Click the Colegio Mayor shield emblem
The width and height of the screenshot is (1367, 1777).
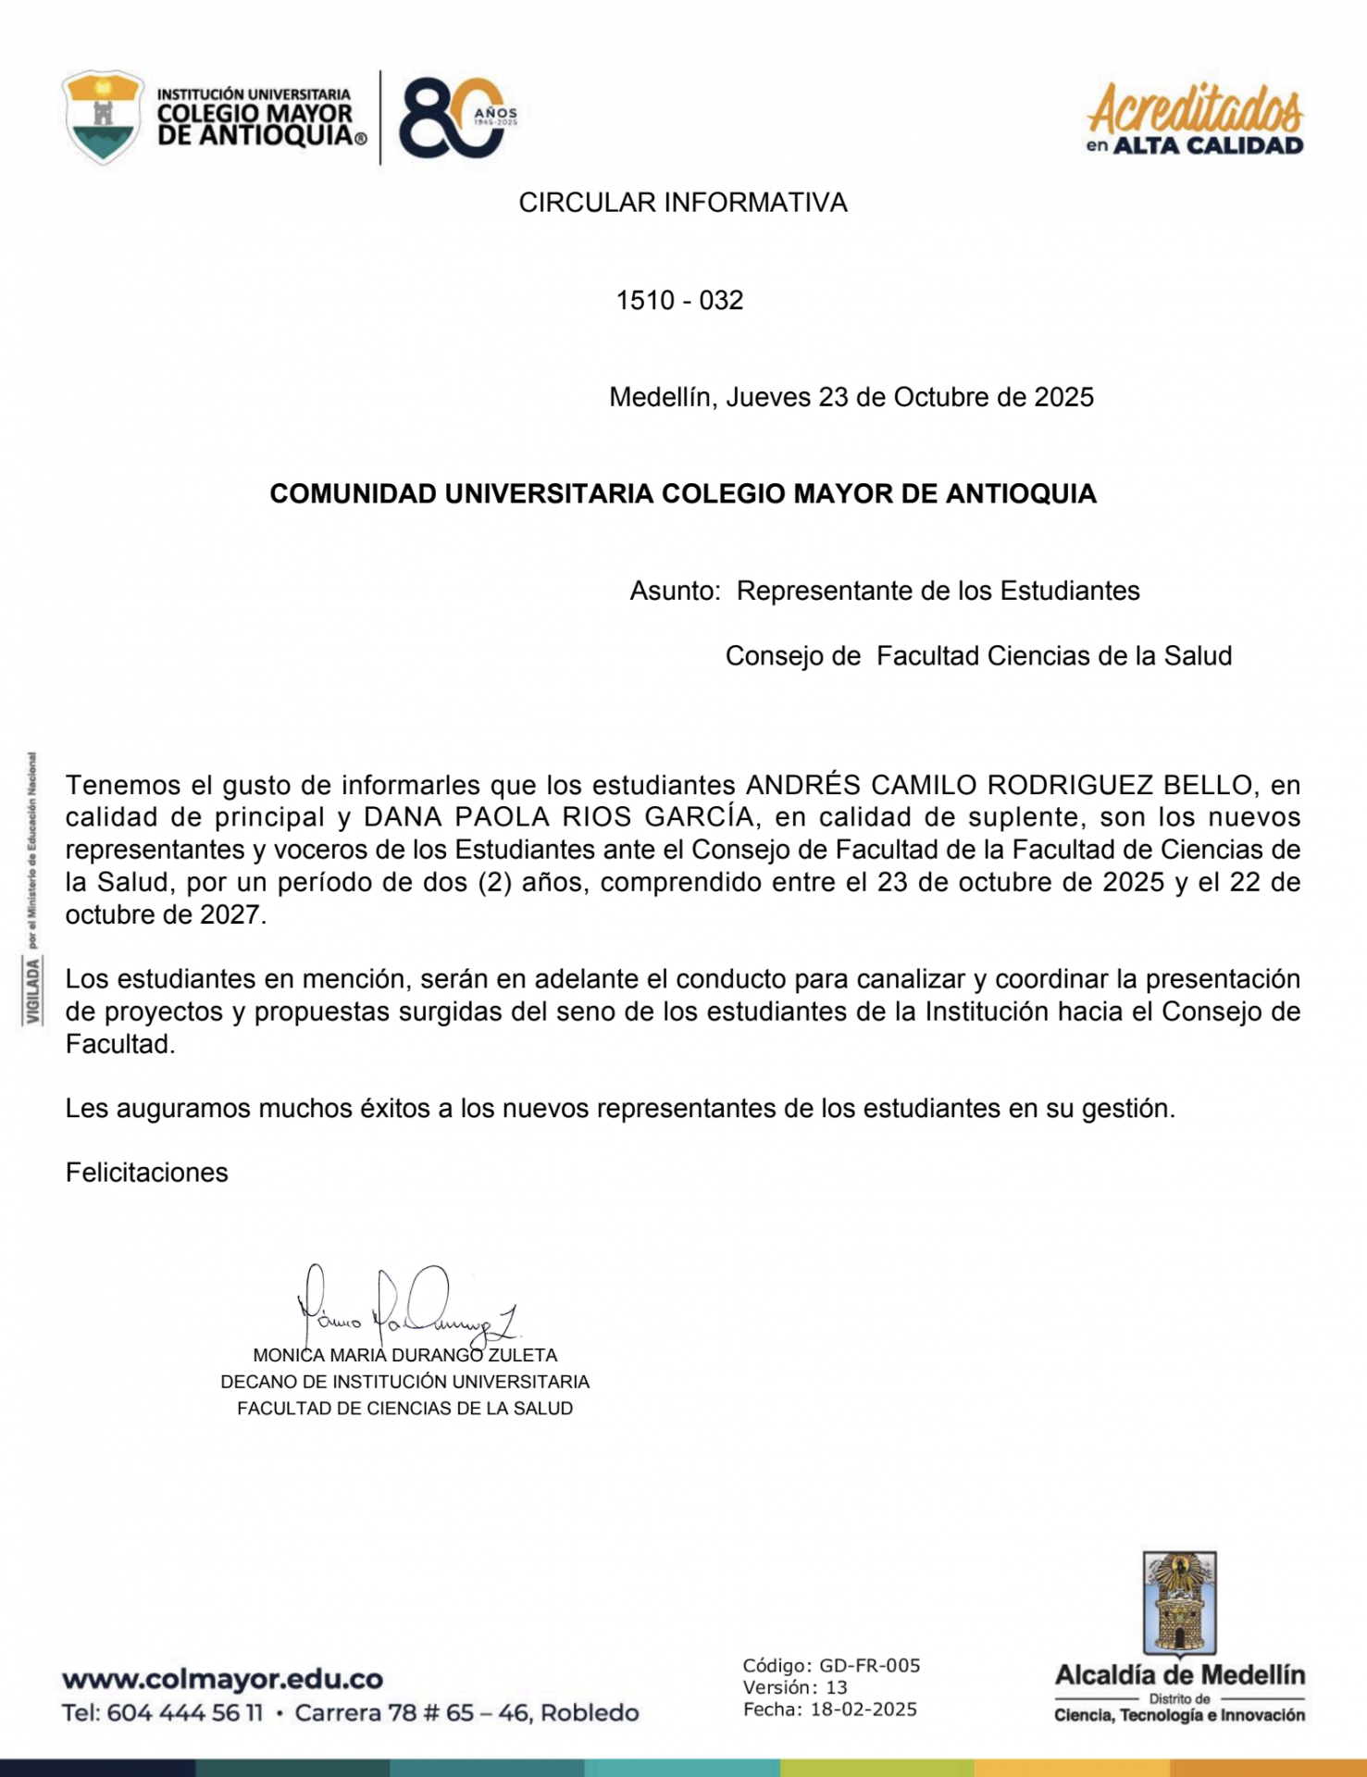click(103, 118)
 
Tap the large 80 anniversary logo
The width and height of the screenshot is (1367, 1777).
click(454, 118)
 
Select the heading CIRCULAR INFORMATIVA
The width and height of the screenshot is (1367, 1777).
click(682, 203)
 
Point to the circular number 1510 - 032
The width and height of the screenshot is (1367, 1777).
click(679, 300)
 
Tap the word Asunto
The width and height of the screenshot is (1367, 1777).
click(675, 590)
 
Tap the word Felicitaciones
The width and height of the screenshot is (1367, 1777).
click(146, 1173)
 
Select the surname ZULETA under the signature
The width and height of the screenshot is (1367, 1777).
click(522, 1355)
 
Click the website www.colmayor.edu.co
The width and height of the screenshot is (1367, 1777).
click(222, 1679)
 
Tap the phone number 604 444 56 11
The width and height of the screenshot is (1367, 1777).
click(184, 1713)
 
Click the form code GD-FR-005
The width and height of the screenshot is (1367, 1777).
click(869, 1666)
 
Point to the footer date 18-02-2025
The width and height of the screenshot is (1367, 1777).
click(863, 1709)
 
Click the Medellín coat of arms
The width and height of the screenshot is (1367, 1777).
click(1179, 1604)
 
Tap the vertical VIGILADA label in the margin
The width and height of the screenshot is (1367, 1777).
click(33, 990)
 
